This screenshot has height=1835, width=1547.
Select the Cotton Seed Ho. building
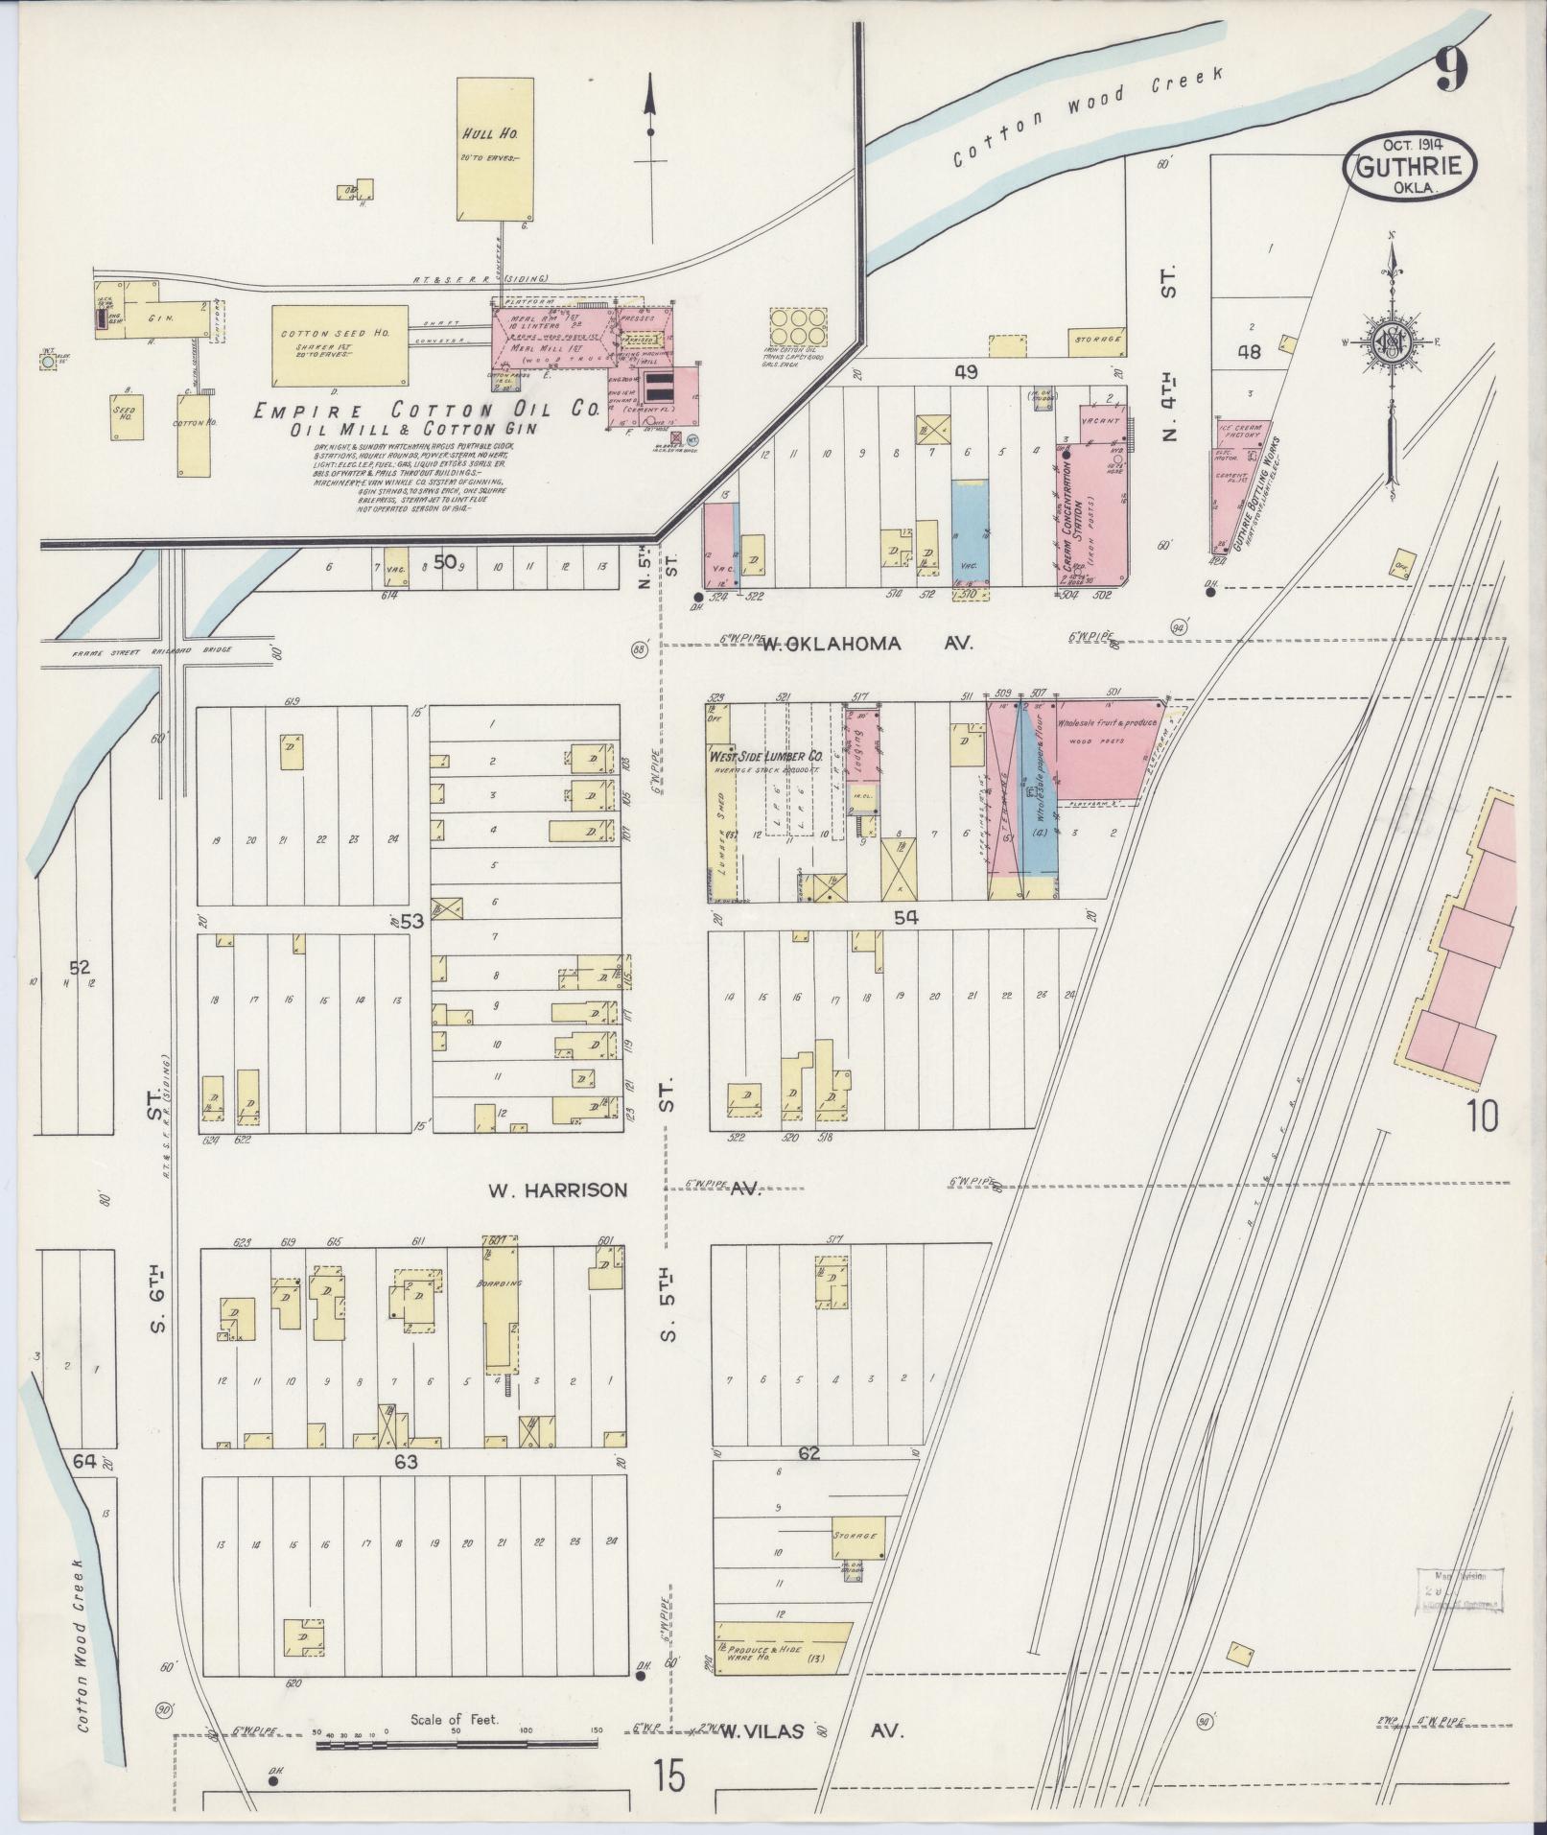pos(340,344)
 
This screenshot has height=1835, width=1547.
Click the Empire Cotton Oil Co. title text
pos(426,411)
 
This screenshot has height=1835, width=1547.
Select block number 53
pos(412,922)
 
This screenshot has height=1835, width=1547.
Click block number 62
pos(809,1453)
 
